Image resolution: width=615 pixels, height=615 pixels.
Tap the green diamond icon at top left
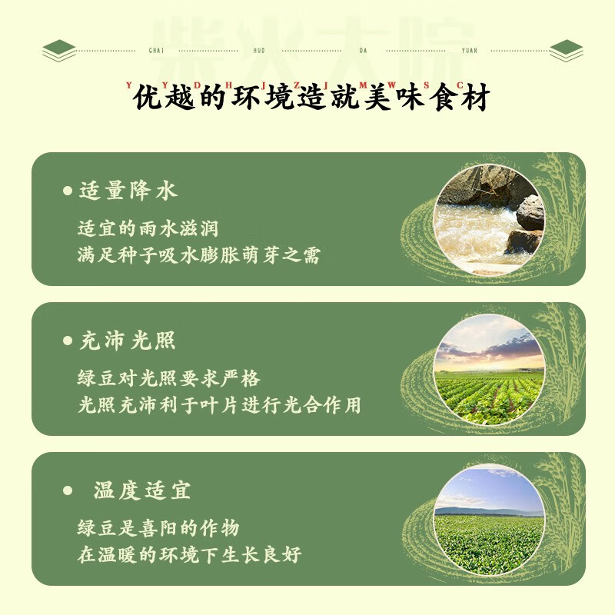pos(59,51)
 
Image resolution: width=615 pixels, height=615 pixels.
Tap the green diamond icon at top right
pos(567,51)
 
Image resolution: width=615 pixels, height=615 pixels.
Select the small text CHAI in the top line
pos(154,51)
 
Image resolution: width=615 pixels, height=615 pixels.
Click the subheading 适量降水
pos(128,191)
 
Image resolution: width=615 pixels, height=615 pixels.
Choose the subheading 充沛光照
pos(128,341)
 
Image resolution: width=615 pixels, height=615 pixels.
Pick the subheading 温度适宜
pos(142,490)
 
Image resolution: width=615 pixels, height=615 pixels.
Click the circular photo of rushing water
pos(489,218)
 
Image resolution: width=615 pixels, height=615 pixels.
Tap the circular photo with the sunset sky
pos(489,368)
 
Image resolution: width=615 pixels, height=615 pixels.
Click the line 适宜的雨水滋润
pos(153,229)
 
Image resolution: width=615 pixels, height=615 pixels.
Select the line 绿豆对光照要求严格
pos(168,379)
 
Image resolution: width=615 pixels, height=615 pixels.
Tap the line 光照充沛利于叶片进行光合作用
pos(219,405)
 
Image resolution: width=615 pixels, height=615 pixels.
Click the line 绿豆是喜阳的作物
pos(158,528)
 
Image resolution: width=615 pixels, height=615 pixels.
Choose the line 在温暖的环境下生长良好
pos(189,555)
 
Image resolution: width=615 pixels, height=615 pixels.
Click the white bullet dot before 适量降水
pos(67,191)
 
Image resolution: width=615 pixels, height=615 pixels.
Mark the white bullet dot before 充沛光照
pos(67,341)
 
